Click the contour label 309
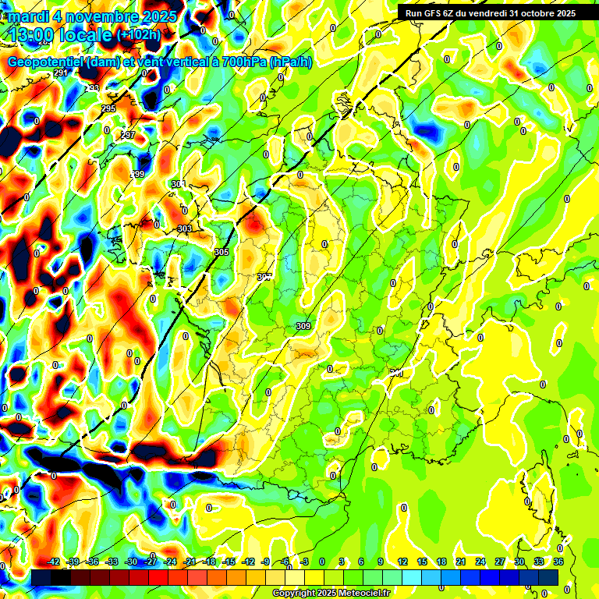tap(303, 326)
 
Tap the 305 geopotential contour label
tap(222, 253)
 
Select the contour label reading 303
tap(185, 229)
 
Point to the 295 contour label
tap(108, 108)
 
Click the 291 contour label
tap(61, 73)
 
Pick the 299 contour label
tap(138, 174)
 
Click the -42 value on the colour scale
tap(54, 562)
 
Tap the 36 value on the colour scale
tap(558, 562)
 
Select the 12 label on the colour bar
tap(402, 562)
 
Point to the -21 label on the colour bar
tap(189, 562)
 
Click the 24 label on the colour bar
tap(481, 562)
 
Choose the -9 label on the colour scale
tap(266, 562)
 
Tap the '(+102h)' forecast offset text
tap(139, 34)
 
